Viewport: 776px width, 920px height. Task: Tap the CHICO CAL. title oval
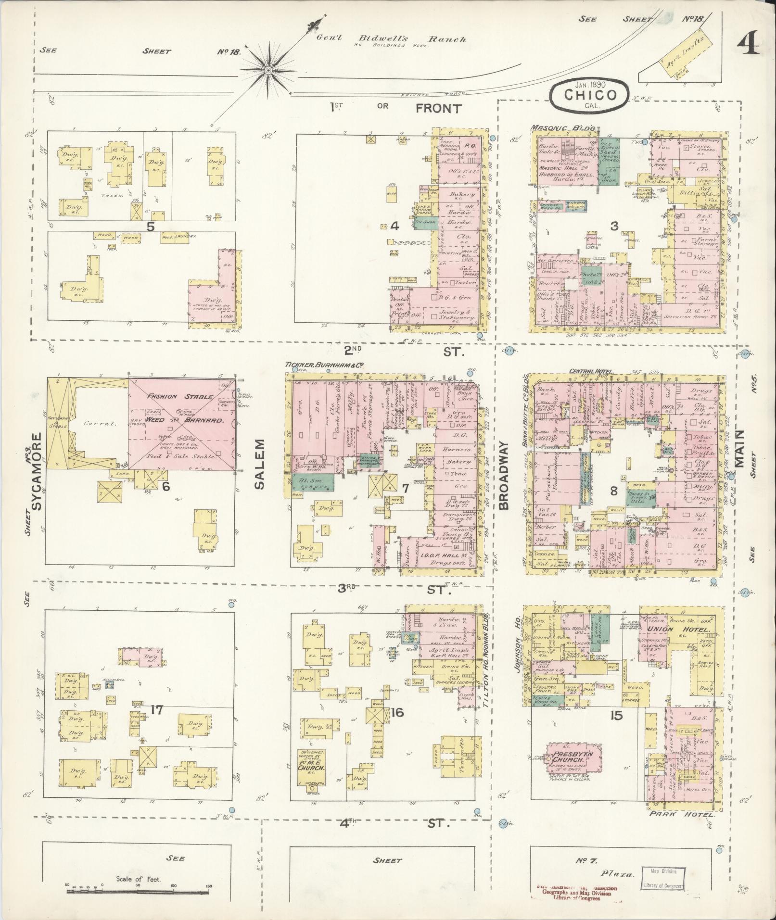[589, 94]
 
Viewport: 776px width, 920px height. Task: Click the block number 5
[151, 227]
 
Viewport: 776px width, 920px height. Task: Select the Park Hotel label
[681, 815]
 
